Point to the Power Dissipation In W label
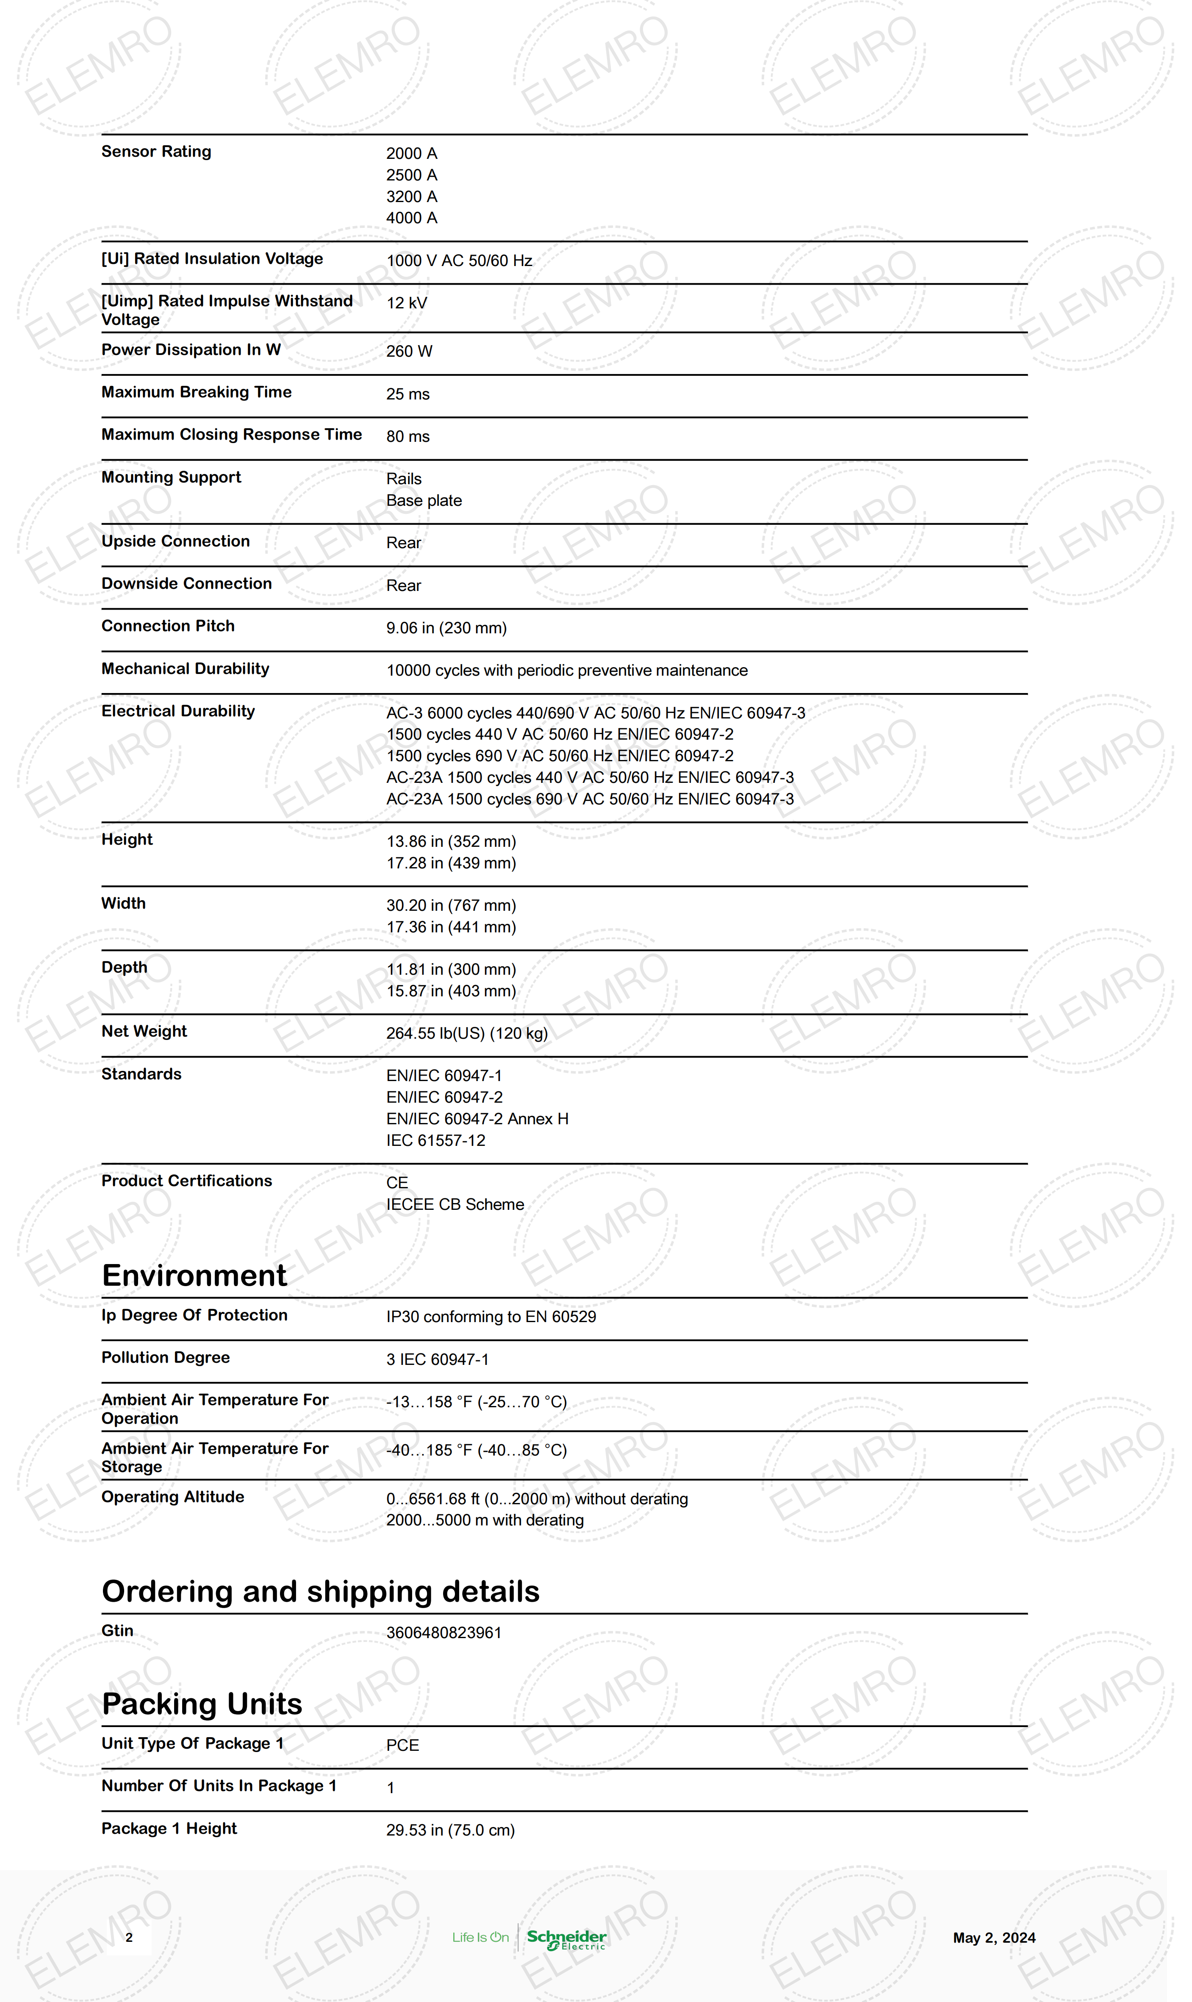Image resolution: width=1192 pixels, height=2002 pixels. [x=191, y=349]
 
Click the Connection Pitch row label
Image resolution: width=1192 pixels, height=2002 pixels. [x=168, y=626]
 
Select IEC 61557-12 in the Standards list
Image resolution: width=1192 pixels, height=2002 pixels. [x=435, y=1140]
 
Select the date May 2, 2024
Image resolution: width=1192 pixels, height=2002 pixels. [x=994, y=1938]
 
